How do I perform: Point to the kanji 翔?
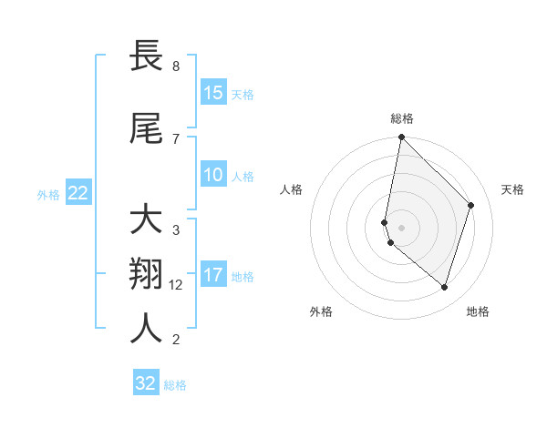[x=147, y=275]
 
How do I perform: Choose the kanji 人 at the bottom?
[x=147, y=329]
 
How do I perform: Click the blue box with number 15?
[x=213, y=93]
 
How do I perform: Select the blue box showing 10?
[x=213, y=176]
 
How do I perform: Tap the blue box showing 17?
[x=213, y=275]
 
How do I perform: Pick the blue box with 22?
[x=78, y=193]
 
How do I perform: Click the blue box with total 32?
[x=146, y=383]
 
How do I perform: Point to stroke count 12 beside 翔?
[x=177, y=285]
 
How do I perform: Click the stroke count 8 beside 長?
[x=175, y=66]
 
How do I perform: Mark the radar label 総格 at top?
[x=402, y=118]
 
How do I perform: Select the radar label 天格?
[x=512, y=189]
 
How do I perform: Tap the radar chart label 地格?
[x=478, y=311]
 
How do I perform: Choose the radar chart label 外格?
[x=321, y=311]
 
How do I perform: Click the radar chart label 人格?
[x=291, y=189]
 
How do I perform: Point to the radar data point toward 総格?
[x=402, y=138]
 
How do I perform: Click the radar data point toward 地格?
[x=444, y=288]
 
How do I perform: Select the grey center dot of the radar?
[x=402, y=227]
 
